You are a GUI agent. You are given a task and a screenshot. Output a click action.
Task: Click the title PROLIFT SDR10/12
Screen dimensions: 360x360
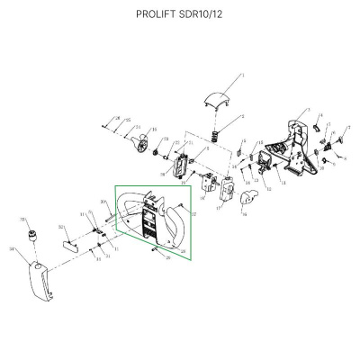tap(180, 14)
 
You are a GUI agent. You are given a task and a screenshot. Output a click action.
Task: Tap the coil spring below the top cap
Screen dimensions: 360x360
tap(215, 137)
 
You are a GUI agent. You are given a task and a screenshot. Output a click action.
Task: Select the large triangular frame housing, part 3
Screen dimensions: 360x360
tap(292, 144)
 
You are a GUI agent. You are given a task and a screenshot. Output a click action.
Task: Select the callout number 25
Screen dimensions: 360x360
tap(127, 121)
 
